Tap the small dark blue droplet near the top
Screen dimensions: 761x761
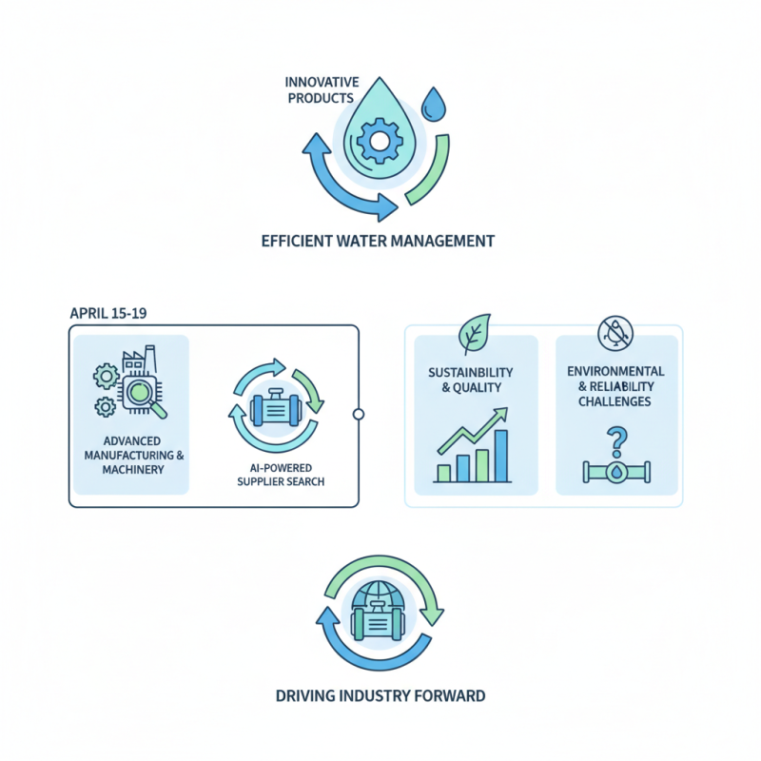(x=434, y=105)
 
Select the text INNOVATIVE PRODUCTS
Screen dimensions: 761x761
(x=320, y=90)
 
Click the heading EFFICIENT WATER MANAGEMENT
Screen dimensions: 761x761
(x=378, y=241)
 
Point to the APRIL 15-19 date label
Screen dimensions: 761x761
(x=108, y=313)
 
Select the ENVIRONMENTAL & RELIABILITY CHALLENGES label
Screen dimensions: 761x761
(x=615, y=386)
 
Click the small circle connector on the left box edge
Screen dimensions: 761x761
(x=358, y=414)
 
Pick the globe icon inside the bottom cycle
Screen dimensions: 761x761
(x=379, y=595)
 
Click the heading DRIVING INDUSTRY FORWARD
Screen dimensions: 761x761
(x=380, y=695)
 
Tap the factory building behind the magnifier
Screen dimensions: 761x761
(x=135, y=363)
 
